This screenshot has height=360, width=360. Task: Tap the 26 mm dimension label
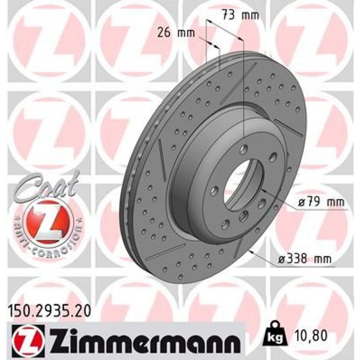(x=176, y=33)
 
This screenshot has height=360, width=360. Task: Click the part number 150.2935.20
(x=49, y=309)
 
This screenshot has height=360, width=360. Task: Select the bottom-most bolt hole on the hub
(x=226, y=225)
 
